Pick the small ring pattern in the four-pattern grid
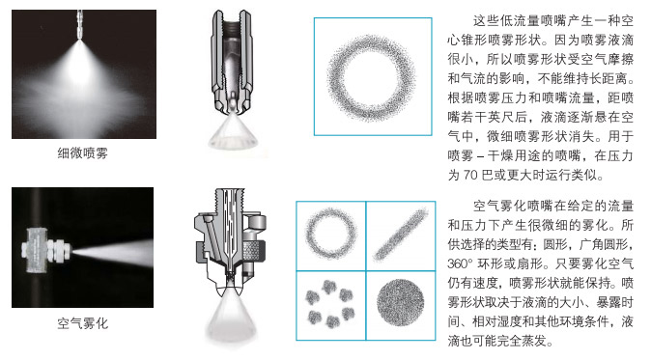coord(330,234)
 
